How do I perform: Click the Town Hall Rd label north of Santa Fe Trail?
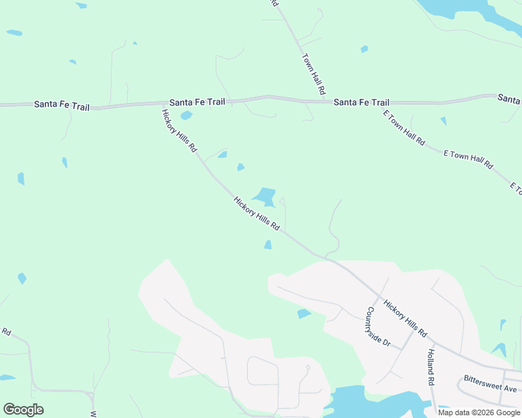(313, 75)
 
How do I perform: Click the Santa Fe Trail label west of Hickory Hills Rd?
(61, 104)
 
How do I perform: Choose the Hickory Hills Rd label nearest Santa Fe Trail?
(179, 132)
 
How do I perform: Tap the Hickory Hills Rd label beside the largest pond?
(257, 214)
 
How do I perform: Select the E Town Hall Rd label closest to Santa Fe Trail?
(403, 127)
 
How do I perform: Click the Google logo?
(23, 410)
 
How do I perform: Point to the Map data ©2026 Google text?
(479, 412)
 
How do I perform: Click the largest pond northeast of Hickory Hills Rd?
(265, 196)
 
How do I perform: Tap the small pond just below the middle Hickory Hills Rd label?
(268, 245)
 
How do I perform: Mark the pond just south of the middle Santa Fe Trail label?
(186, 115)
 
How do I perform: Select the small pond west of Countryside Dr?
(304, 313)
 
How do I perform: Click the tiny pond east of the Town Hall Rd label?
(364, 49)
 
